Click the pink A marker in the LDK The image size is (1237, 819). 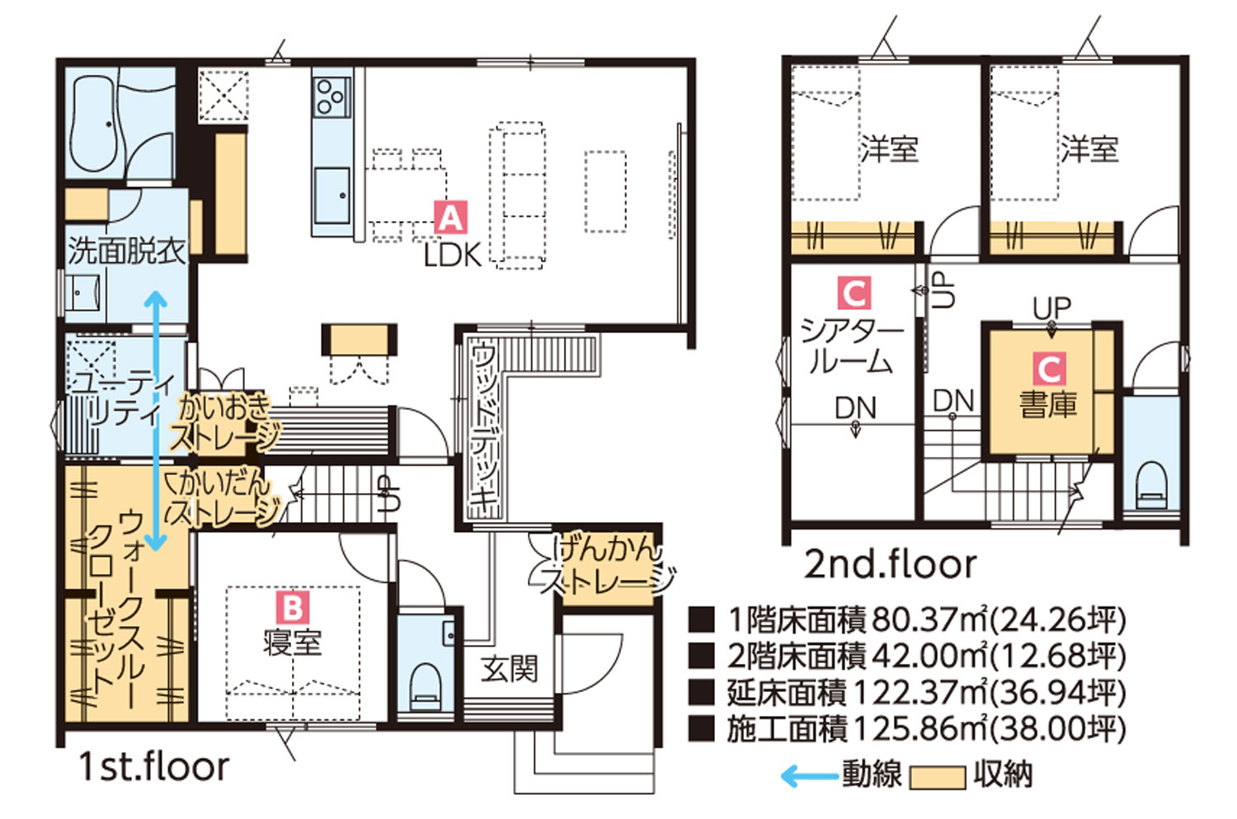tap(450, 217)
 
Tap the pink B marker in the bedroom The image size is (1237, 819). tap(293, 608)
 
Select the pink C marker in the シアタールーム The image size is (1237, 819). tap(854, 293)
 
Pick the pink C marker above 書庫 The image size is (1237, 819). tap(1049, 369)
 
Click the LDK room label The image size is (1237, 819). tap(453, 256)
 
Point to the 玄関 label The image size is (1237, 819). tap(509, 669)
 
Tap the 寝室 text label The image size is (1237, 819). tap(293, 642)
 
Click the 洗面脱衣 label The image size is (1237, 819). tap(126, 252)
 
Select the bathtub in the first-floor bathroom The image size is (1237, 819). tap(94, 123)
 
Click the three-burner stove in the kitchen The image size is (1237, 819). tap(331, 97)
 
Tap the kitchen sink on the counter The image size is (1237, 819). tap(332, 195)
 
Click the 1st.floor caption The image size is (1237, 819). tap(154, 766)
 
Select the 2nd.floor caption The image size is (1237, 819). tap(890, 564)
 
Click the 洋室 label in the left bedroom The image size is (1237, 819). tap(889, 149)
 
